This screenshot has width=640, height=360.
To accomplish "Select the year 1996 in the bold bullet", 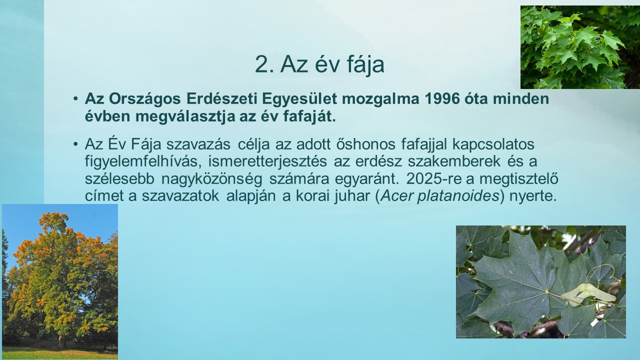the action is [442, 99].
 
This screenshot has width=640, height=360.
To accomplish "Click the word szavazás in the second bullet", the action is [198, 144].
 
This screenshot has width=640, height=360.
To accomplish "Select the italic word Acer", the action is [397, 196].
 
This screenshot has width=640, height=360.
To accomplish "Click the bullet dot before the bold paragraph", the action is [75, 99].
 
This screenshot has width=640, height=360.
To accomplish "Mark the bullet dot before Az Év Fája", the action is [75, 144].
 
